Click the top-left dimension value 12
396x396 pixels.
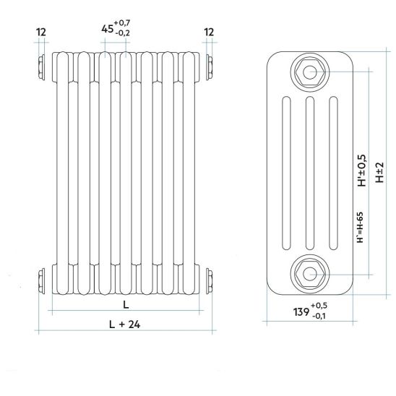(x=41, y=32)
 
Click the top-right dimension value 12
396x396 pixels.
(x=209, y=32)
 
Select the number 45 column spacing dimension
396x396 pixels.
(x=108, y=29)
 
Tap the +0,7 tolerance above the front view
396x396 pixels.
(x=122, y=23)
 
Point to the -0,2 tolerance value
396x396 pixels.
(x=123, y=33)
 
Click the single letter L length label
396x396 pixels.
(x=126, y=305)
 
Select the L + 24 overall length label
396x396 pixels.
(x=124, y=324)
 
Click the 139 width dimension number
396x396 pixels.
(x=301, y=312)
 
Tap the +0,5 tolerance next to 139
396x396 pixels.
(x=319, y=306)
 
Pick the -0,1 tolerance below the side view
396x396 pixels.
(x=319, y=316)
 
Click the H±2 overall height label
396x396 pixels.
(x=379, y=173)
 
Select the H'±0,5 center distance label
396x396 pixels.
(x=361, y=171)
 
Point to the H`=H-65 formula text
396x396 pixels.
(x=360, y=228)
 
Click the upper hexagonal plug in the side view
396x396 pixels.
(x=309, y=72)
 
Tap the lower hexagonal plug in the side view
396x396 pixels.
(x=309, y=275)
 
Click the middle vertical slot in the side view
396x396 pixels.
(x=309, y=173)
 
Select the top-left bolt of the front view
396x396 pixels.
(x=41, y=67)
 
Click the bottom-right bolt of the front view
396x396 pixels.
(x=209, y=281)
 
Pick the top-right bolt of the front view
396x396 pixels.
(x=209, y=67)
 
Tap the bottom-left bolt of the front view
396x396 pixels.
(x=41, y=281)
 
